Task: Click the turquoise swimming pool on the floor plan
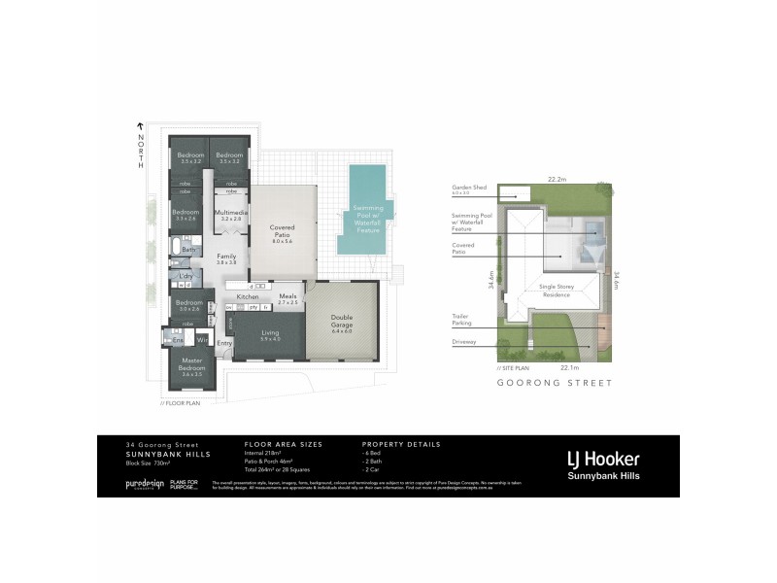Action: [x=366, y=181]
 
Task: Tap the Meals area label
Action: [x=287, y=298]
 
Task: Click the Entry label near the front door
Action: [x=224, y=343]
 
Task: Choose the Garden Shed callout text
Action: [x=468, y=189]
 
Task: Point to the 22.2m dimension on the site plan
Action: [x=557, y=179]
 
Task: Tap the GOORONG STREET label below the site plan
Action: [x=554, y=384]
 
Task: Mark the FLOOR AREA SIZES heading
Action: [x=283, y=444]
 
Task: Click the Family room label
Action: [x=226, y=258]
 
